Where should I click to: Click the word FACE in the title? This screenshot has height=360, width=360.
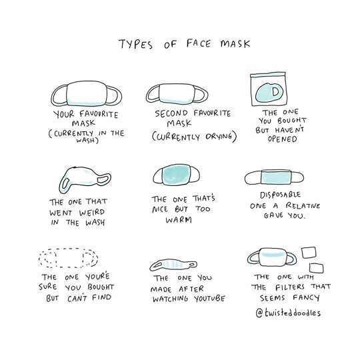coord(198,43)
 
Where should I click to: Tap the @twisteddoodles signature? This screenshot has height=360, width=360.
coord(288,313)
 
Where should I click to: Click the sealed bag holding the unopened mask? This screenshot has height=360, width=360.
coord(269,89)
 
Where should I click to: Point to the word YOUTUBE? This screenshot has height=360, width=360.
coord(209,299)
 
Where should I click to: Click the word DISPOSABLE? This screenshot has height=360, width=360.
coord(280,195)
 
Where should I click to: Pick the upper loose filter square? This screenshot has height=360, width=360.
coord(309,253)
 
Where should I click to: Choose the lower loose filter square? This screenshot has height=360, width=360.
coord(317,268)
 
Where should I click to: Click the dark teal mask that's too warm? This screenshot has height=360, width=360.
coord(176,175)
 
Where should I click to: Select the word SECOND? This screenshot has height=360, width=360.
coord(171,113)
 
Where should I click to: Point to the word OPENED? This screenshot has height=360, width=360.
coord(282,139)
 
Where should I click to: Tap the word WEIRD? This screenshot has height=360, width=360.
coord(92,213)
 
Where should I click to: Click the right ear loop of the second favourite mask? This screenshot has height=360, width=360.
coord(201,94)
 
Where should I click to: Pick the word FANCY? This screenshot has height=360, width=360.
coord(306,298)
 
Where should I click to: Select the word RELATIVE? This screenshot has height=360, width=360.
coord(303,205)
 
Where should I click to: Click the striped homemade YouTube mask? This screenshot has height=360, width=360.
coord(173,265)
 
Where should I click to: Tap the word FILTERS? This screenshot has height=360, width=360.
coord(290,287)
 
